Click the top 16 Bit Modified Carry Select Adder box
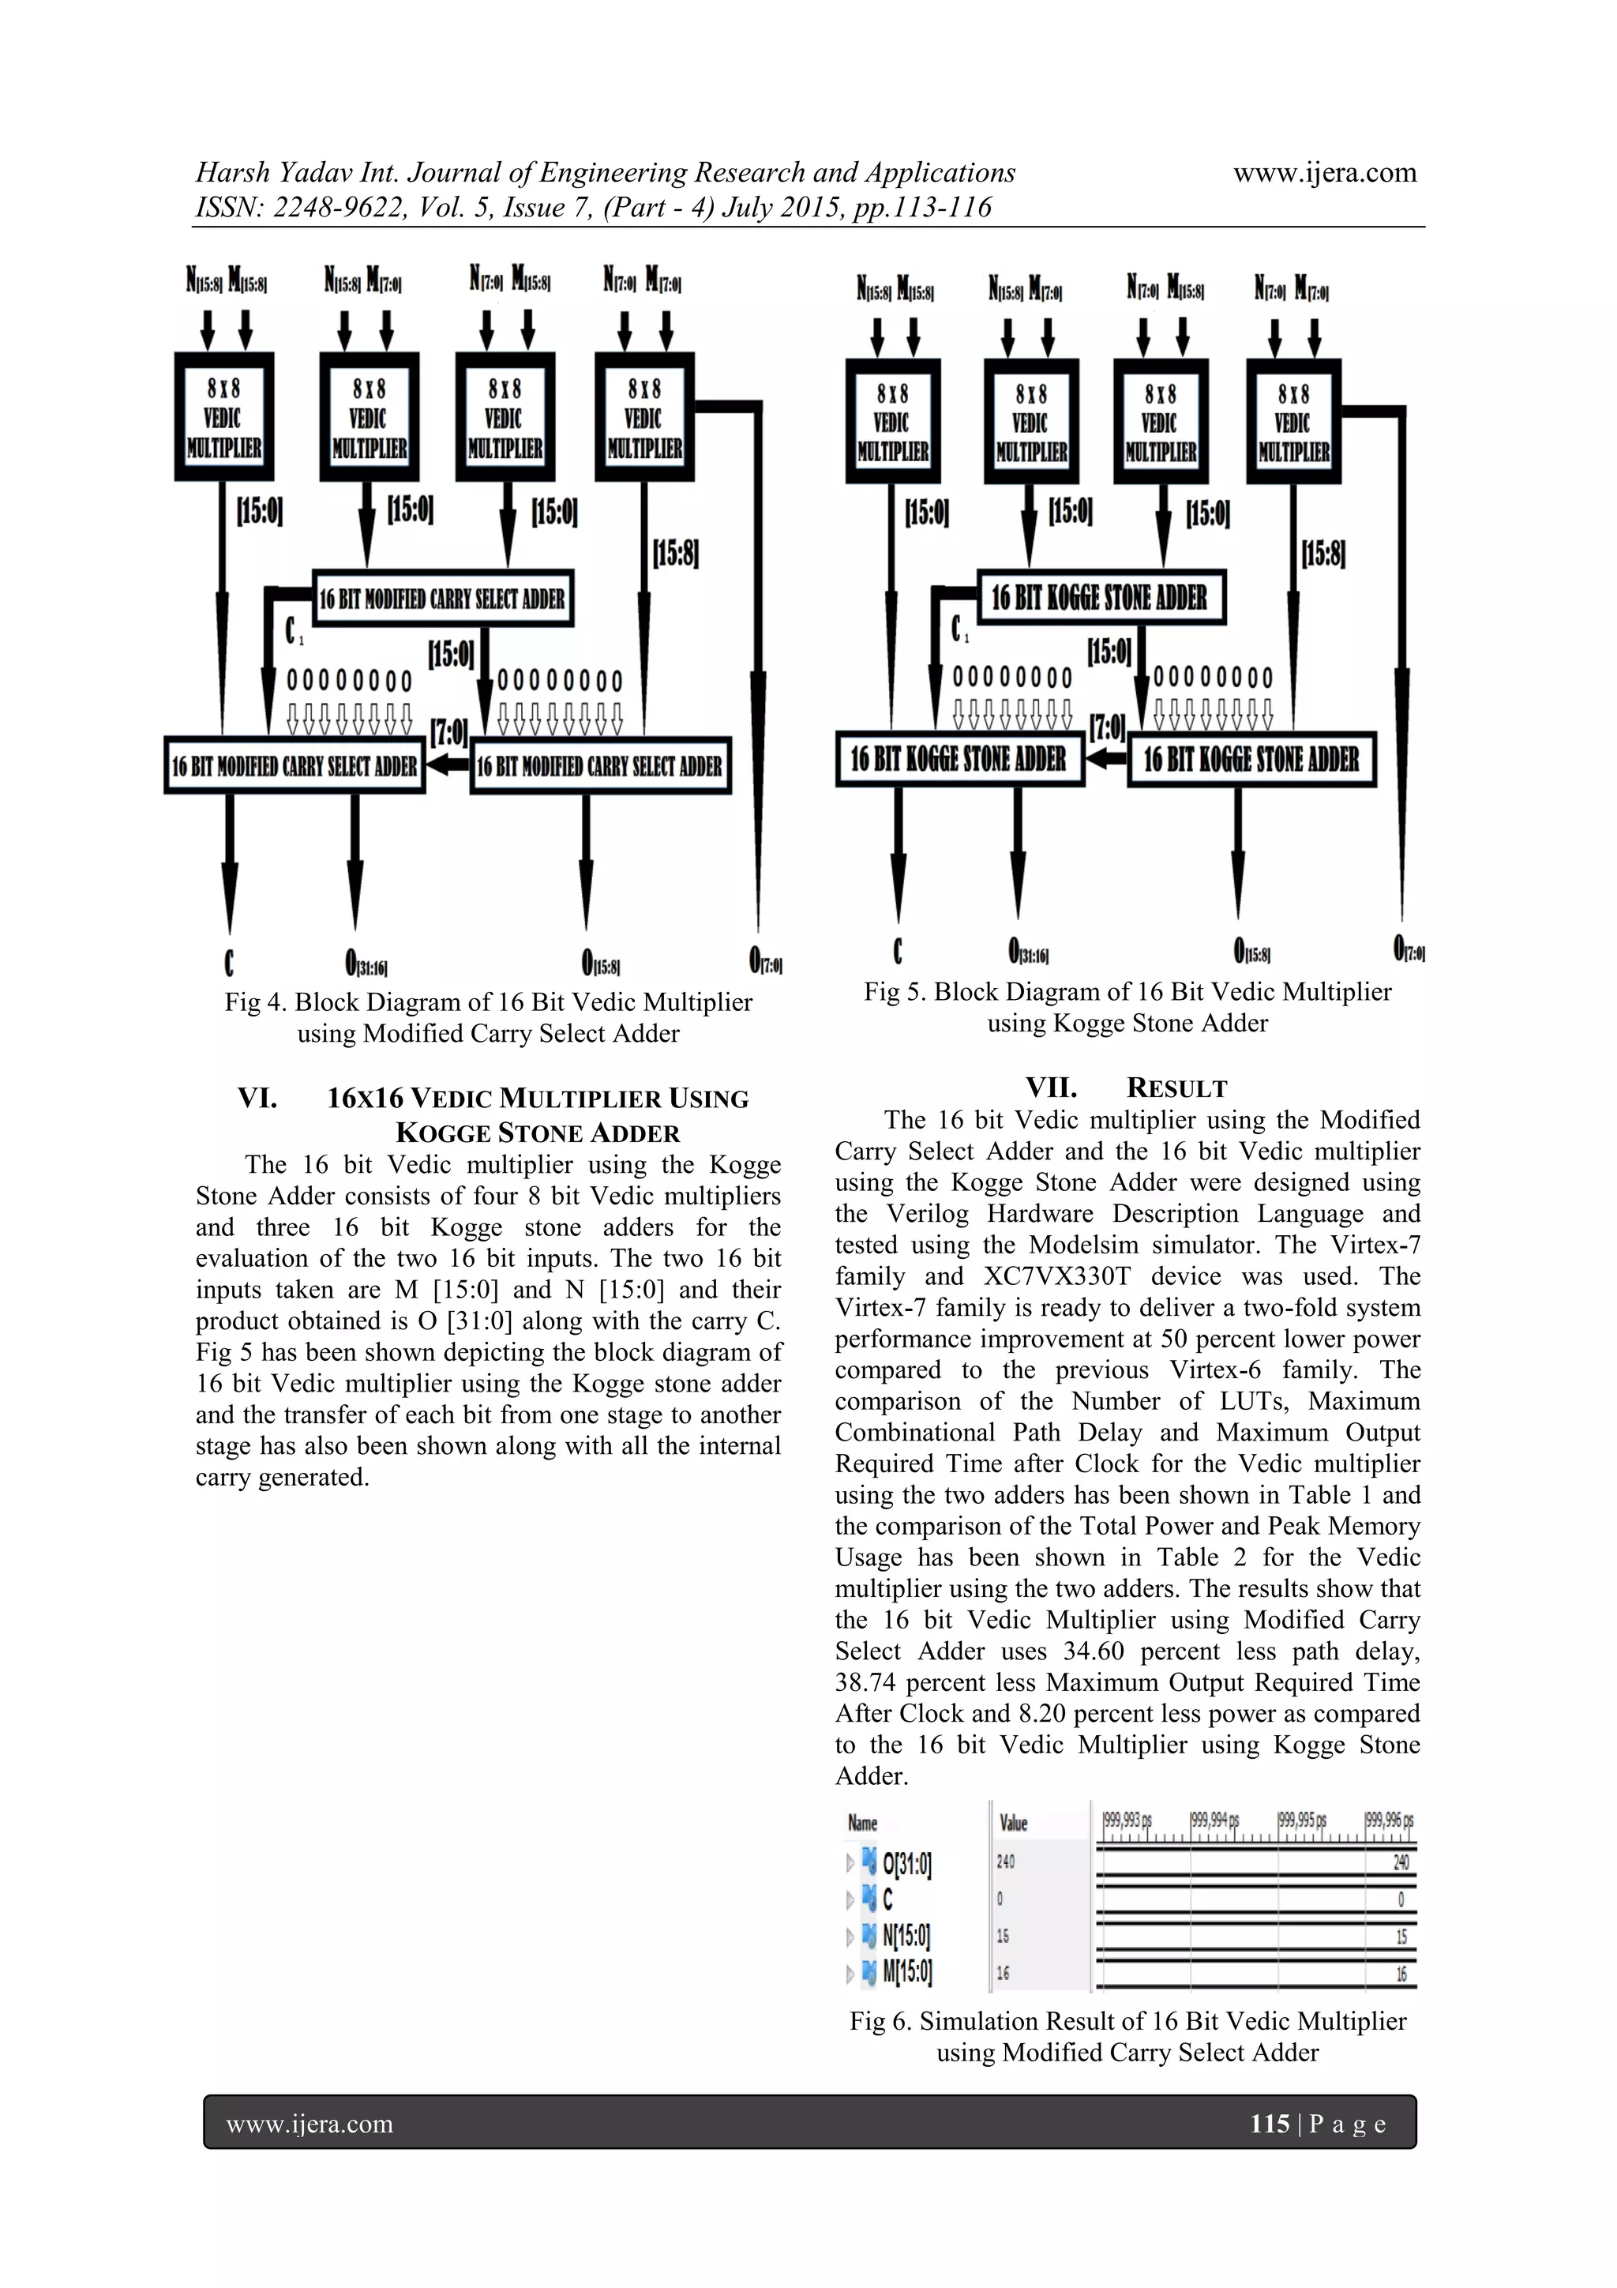[x=442, y=598]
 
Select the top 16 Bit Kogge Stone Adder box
[x=1100, y=597]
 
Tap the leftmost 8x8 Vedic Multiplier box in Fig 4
[x=223, y=418]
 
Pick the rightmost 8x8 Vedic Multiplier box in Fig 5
[x=1293, y=423]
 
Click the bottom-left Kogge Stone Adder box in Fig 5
[x=959, y=759]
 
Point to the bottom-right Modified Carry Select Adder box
[x=600, y=765]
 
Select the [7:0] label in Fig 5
[x=1107, y=727]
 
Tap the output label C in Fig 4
[x=229, y=963]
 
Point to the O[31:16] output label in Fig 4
[x=366, y=964]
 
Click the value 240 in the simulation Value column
[x=1006, y=1862]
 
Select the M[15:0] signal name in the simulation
[x=906, y=1972]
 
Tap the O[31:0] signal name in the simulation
[x=906, y=1862]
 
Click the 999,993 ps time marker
[x=1127, y=1820]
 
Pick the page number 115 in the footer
[x=1270, y=2124]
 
